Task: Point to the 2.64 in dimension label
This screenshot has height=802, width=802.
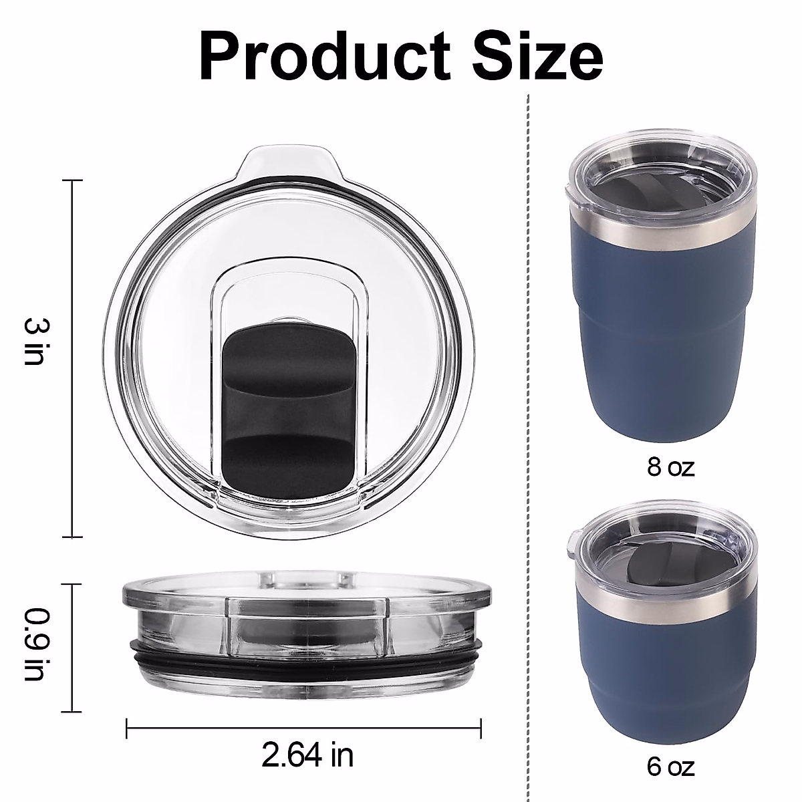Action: coord(307,755)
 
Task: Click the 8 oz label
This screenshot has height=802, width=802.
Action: coord(670,466)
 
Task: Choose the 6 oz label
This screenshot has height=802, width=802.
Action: coord(670,766)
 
